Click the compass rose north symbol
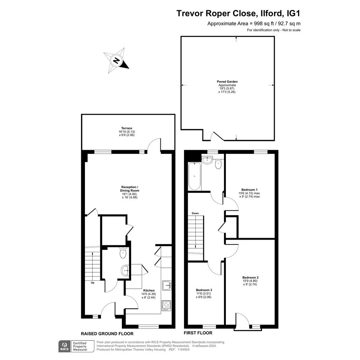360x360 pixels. [116, 61]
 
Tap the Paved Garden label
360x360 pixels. [227, 82]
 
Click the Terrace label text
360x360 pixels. [127, 128]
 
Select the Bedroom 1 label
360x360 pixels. [250, 190]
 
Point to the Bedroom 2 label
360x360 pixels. [250, 277]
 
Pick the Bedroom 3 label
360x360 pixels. [204, 290]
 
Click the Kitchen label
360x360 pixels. [149, 290]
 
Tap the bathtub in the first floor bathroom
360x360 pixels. [194, 176]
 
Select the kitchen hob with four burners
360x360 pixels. [166, 306]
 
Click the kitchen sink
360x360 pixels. [166, 285]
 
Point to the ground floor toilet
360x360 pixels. [123, 253]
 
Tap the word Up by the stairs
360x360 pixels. [93, 283]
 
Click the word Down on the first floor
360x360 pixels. [195, 213]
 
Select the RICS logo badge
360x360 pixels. [65, 346]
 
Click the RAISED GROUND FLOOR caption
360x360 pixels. [107, 334]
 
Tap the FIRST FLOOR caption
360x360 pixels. [198, 333]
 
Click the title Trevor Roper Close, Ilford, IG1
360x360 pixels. [238, 13]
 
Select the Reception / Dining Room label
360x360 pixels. [130, 189]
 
